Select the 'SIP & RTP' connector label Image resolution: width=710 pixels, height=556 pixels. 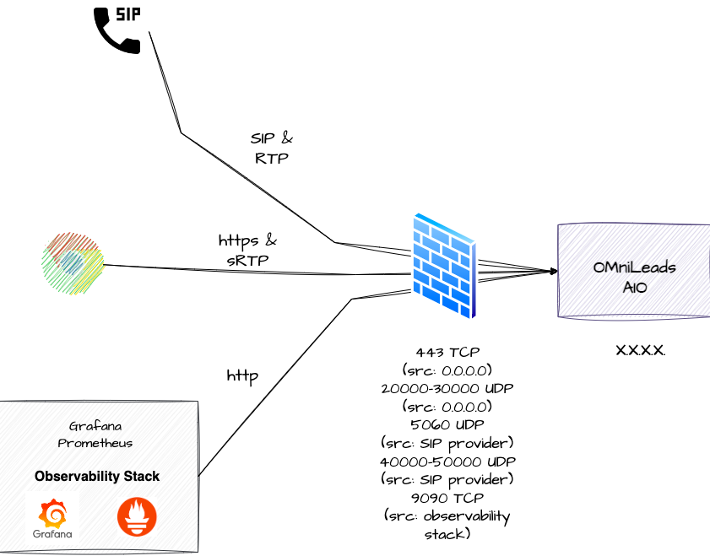tap(271, 148)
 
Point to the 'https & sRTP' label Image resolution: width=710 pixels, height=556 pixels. tap(247, 251)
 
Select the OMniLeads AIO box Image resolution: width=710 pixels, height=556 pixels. tap(633, 271)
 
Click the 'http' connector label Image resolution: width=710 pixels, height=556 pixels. tap(242, 374)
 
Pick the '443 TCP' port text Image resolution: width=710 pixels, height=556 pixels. tap(447, 352)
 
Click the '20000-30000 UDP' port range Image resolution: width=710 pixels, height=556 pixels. tap(447, 388)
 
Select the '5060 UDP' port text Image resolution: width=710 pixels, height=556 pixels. tap(447, 424)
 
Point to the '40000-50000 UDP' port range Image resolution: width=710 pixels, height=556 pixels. tap(447, 462)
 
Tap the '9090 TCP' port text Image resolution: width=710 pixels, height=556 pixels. tap(447, 498)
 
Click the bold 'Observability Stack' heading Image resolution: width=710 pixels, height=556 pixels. tap(97, 477)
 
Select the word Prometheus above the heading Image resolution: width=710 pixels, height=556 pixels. tap(95, 443)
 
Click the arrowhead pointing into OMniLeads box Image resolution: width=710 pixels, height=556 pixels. tap(553, 271)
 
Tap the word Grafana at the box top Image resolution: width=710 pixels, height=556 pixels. tap(95, 426)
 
